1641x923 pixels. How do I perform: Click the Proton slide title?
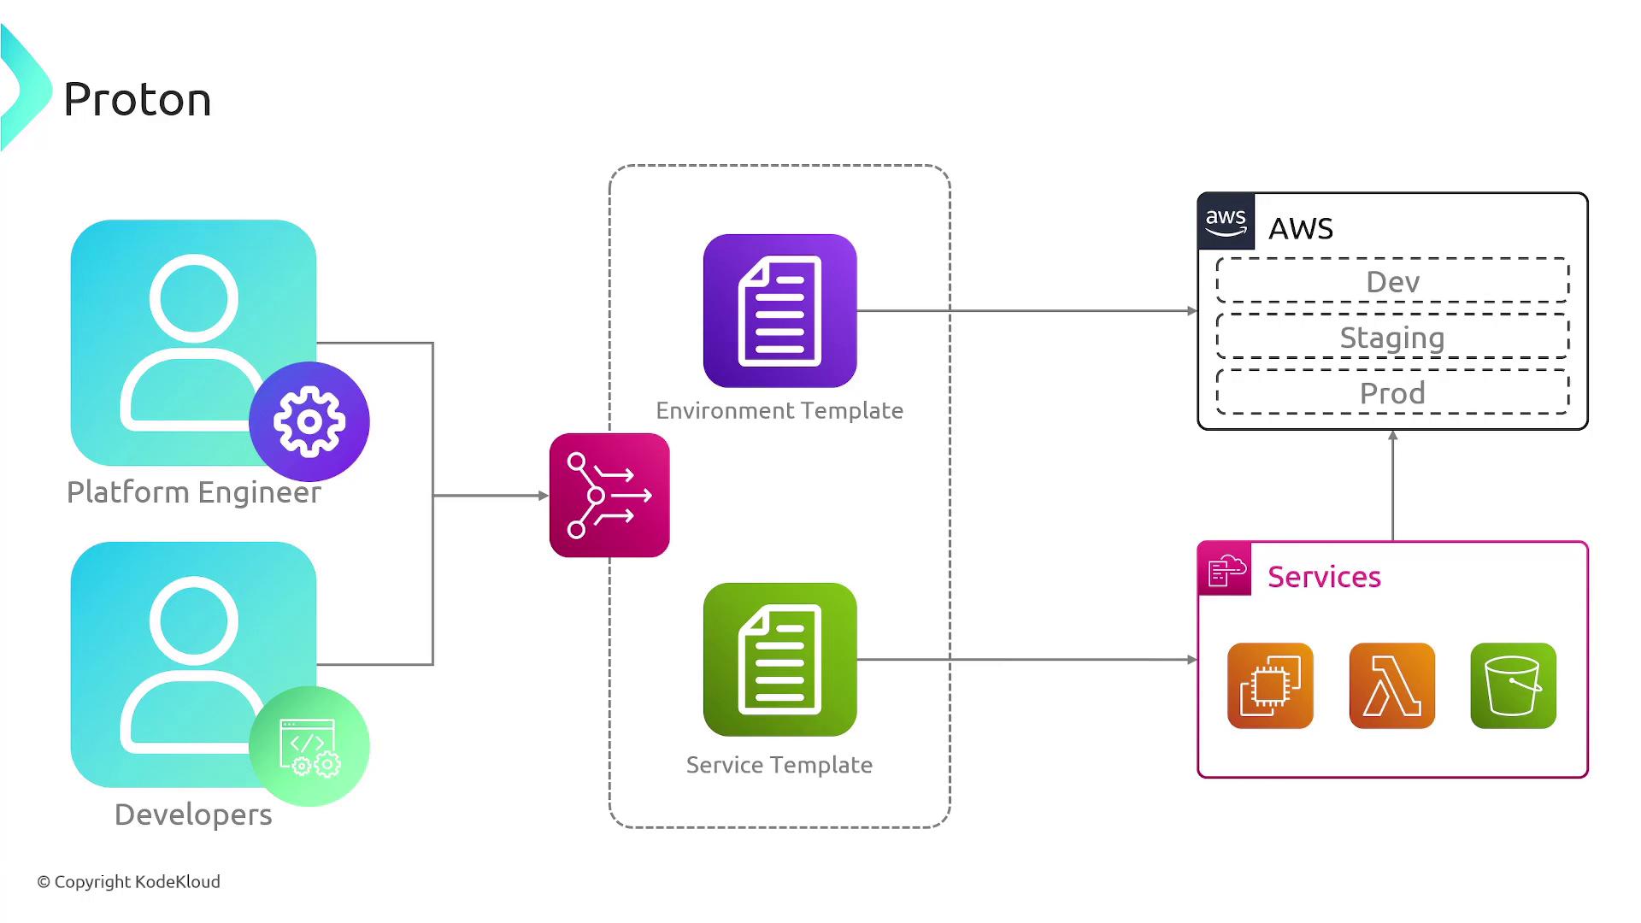click(x=137, y=99)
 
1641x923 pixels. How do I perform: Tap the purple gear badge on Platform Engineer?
click(x=309, y=421)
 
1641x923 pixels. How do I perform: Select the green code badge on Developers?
click(x=309, y=745)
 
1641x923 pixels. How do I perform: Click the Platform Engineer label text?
click(x=194, y=492)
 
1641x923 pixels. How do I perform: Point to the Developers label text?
click(x=193, y=814)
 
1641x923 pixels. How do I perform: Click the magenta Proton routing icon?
click(x=609, y=495)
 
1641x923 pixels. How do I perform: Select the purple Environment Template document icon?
click(x=779, y=311)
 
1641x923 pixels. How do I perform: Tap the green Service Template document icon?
click(x=779, y=659)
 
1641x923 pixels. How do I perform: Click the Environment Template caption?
click(x=779, y=410)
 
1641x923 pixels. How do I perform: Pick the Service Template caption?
click(x=779, y=765)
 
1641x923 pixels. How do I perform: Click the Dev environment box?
click(x=1392, y=281)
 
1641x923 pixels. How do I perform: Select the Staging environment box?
click(x=1392, y=338)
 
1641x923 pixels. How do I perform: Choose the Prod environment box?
click(x=1392, y=393)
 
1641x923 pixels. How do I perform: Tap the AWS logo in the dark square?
click(x=1226, y=221)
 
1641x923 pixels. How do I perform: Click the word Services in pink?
click(x=1324, y=577)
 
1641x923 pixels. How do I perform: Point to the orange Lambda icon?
click(x=1391, y=685)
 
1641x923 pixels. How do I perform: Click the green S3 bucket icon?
click(x=1513, y=685)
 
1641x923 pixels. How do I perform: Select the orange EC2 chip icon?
click(x=1270, y=685)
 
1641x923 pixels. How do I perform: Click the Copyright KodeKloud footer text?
click(x=129, y=881)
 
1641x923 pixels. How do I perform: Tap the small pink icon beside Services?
click(x=1225, y=569)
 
